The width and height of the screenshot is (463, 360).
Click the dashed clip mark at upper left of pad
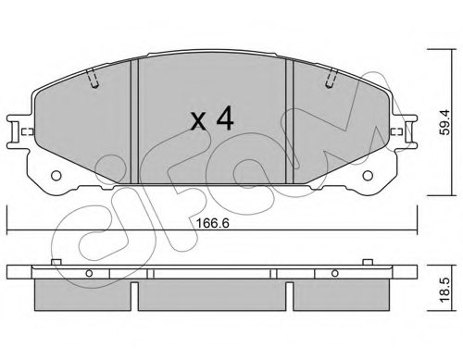click(x=93, y=81)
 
